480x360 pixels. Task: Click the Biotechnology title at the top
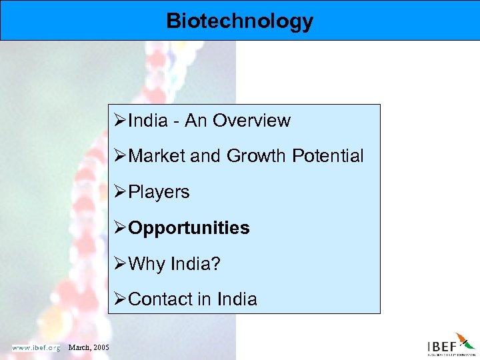coord(239,21)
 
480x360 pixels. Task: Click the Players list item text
coord(159,192)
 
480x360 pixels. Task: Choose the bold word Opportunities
coord(189,228)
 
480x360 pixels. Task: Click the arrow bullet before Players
coord(121,192)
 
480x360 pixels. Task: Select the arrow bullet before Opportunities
coord(121,228)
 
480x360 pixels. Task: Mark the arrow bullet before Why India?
coord(121,264)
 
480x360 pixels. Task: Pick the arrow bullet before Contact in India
coord(121,299)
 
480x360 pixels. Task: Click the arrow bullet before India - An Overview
coord(121,121)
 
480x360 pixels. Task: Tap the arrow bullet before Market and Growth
coord(121,156)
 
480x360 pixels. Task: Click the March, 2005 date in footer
coord(89,347)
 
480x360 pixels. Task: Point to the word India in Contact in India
coord(236,299)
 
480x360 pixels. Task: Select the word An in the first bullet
coord(196,121)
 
